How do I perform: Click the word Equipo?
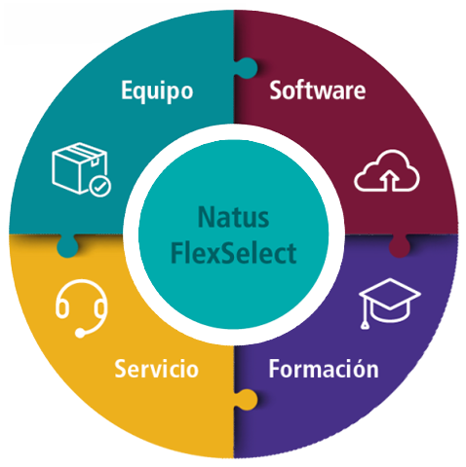point(157,91)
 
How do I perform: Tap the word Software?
point(318,90)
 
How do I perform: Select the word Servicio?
point(156,369)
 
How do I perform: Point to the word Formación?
point(324,369)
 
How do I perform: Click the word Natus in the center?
point(233,217)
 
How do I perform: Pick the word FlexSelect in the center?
point(233,253)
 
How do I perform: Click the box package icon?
point(82,169)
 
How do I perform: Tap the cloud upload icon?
point(387,170)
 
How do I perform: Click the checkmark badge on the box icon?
point(100,186)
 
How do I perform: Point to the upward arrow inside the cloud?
point(390,180)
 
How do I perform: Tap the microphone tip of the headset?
point(80,333)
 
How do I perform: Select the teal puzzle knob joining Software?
point(246,68)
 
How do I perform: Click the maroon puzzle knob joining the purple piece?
point(400,246)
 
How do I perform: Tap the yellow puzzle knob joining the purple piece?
point(246,400)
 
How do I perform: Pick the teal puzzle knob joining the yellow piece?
point(67,246)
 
